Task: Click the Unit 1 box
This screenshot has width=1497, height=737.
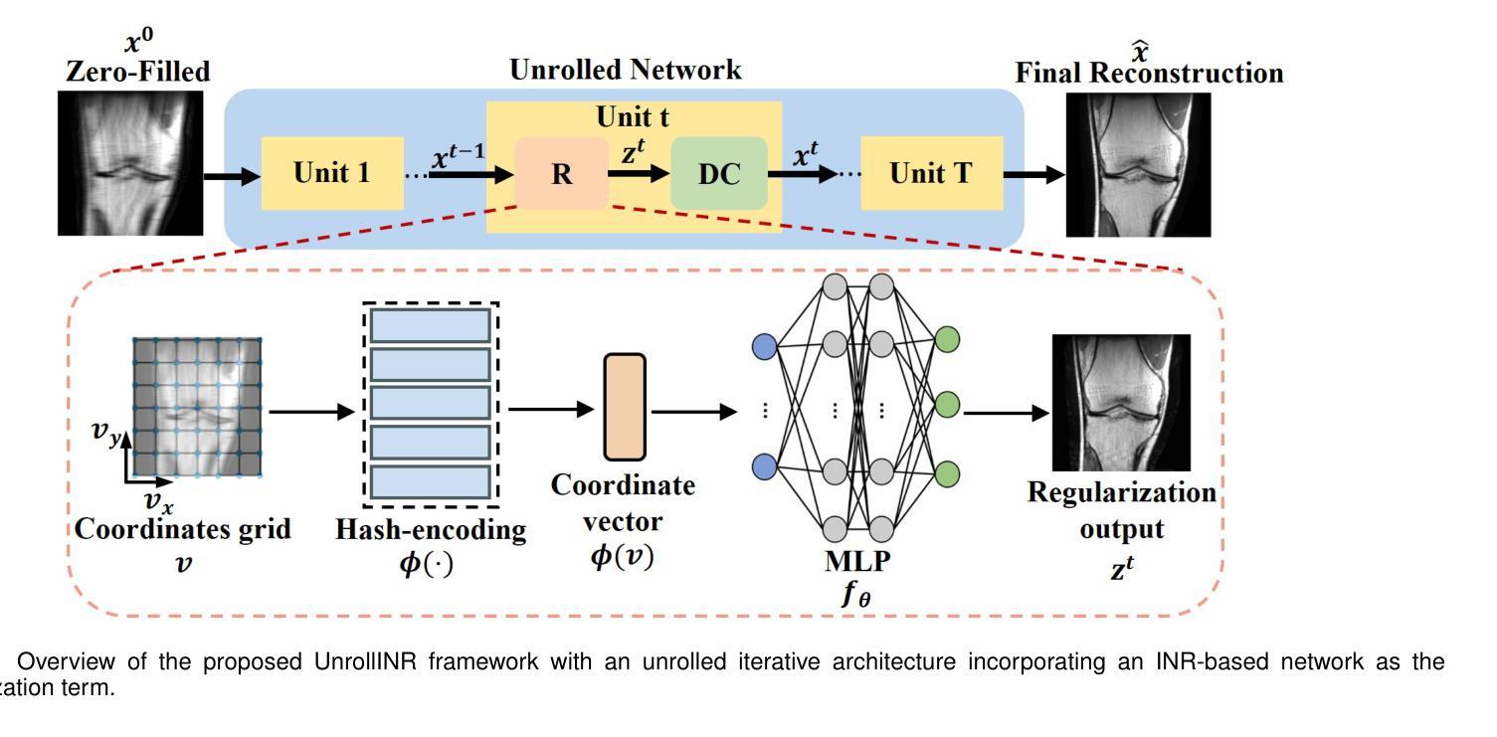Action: tap(332, 173)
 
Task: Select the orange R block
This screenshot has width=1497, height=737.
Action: tap(561, 174)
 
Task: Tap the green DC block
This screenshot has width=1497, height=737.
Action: tap(719, 174)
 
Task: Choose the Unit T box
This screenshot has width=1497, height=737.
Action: tap(931, 174)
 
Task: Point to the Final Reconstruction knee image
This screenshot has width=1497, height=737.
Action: tap(1138, 164)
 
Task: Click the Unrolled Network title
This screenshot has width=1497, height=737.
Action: tap(625, 71)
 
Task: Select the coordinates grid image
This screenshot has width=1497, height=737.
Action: tap(197, 408)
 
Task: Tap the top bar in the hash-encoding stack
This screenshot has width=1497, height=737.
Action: tap(431, 325)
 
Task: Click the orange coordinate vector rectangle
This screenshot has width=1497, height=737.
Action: tap(625, 407)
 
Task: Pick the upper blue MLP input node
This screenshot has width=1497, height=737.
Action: tap(764, 346)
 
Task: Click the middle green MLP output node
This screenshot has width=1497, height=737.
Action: tap(947, 405)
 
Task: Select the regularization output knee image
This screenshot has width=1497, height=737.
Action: tap(1121, 403)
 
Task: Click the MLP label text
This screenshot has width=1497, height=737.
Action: tap(858, 561)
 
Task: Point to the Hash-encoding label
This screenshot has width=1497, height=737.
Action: tap(431, 530)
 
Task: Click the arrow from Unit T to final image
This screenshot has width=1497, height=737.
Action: tap(1033, 174)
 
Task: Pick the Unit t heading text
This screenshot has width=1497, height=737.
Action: tap(633, 117)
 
